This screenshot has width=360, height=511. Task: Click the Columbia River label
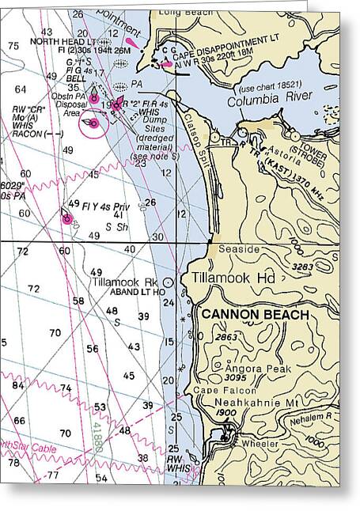coord(270,101)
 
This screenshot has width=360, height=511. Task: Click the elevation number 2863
coord(225,338)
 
